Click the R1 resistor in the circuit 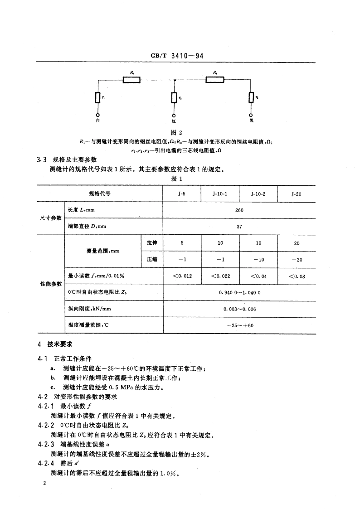pos(131,80)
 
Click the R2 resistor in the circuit pos(215,80)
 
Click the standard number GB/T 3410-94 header pos(176,56)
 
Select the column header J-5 pos(182,194)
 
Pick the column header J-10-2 pos(258,194)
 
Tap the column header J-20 pos(297,194)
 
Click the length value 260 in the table pos(239,210)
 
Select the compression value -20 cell pos(297,259)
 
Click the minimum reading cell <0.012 pos(182,276)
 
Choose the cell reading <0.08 pos(297,276)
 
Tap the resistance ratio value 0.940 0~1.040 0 pos(239,292)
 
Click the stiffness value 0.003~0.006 pos(239,309)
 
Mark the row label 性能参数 pos(51,284)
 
